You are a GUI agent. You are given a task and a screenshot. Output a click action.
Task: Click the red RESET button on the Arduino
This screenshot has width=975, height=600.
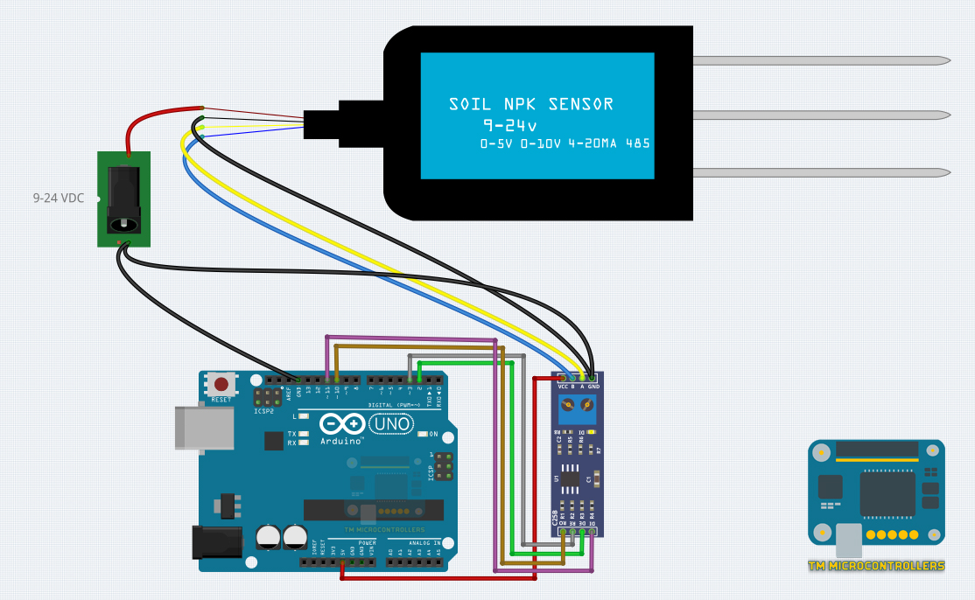221,384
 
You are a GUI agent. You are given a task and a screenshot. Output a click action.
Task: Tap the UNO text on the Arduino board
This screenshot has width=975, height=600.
390,424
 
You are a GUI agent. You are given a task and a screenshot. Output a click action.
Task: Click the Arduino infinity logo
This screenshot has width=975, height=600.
342,424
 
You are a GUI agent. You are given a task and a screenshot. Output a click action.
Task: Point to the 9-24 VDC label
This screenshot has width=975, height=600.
59,199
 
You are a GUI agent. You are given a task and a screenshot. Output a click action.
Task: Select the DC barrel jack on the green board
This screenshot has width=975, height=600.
123,199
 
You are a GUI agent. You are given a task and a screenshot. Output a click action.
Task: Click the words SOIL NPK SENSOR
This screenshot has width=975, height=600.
531,105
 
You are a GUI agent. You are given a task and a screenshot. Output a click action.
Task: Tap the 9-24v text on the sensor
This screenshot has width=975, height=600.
510,125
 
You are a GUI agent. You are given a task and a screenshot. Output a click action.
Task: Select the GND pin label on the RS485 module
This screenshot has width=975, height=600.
593,387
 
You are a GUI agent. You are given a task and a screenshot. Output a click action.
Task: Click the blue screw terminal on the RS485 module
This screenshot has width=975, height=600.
579,405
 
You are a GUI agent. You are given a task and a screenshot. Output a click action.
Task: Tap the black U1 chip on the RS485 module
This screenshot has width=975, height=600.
571,478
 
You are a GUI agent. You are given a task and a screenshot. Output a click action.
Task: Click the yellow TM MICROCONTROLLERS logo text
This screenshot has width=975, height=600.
876,566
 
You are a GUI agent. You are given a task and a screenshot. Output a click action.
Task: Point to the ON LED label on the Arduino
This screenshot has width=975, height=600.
433,434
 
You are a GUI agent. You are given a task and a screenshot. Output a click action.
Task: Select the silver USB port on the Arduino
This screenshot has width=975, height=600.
205,428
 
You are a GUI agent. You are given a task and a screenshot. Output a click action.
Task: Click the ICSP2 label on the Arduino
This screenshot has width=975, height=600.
264,411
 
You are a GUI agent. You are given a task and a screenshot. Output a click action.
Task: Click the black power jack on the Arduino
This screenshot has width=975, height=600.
215,542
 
